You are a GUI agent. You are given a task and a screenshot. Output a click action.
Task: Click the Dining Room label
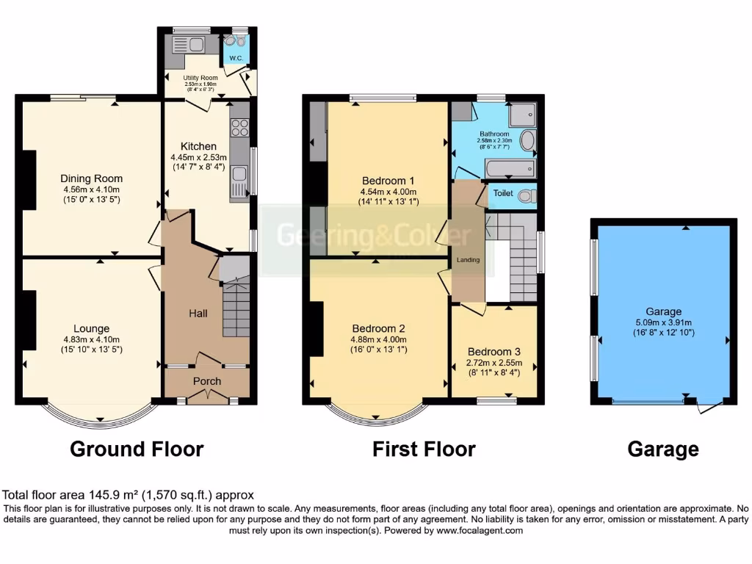(91, 178)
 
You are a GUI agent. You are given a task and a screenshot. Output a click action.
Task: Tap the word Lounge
(91, 328)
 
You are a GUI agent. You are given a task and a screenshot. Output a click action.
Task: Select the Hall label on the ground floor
(198, 314)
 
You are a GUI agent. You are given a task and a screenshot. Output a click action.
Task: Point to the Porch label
(206, 381)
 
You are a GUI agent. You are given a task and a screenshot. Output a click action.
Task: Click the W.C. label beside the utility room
(236, 57)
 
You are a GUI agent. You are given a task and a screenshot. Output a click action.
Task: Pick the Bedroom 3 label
(494, 351)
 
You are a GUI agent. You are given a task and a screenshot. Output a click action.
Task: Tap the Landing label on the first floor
(468, 260)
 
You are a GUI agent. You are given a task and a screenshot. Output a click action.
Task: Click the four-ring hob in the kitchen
(240, 129)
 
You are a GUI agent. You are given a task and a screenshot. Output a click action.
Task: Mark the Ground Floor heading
(137, 449)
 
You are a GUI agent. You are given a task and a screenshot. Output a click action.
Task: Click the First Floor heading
(424, 449)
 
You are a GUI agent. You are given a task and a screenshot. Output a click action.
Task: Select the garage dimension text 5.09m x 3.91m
(664, 322)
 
